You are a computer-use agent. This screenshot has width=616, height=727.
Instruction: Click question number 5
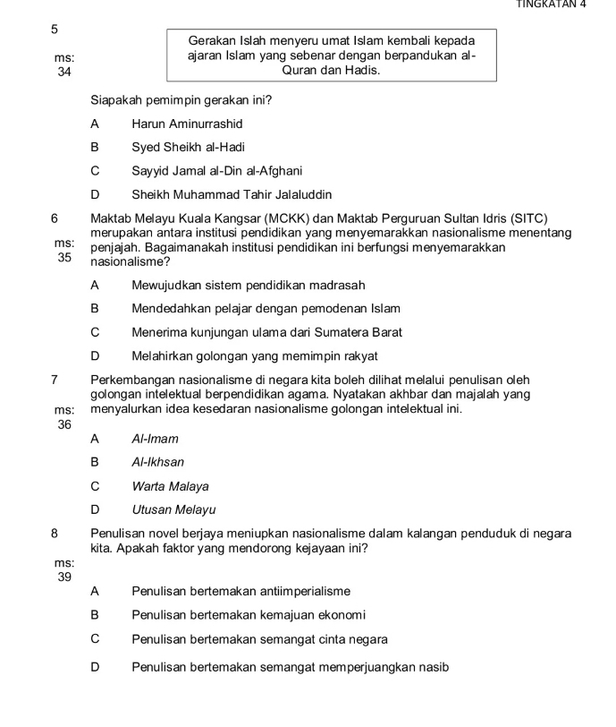(55, 30)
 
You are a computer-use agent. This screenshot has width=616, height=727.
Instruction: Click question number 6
(55, 218)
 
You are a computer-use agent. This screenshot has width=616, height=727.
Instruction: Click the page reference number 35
(63, 257)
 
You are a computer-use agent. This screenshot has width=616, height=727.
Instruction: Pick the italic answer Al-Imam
(155, 439)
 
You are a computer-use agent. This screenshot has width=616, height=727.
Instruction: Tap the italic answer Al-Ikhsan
(157, 463)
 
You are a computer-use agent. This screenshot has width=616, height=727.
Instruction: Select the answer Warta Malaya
(170, 487)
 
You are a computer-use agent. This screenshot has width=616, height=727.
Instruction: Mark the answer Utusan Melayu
(173, 510)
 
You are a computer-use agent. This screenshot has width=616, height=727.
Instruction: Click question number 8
(55, 533)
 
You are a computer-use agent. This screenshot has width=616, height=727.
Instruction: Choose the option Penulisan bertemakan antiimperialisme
(240, 591)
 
